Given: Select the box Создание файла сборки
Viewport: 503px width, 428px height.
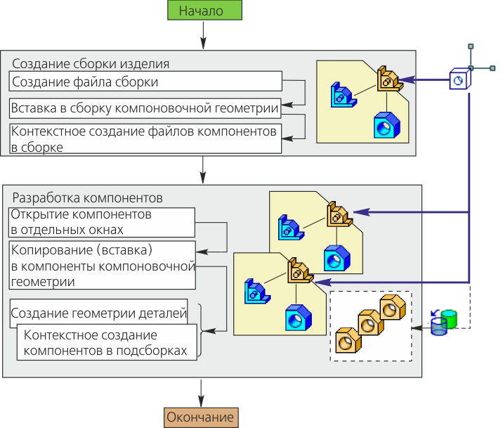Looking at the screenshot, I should (145, 82).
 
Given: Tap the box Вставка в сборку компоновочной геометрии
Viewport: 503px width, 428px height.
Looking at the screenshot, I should (145, 108).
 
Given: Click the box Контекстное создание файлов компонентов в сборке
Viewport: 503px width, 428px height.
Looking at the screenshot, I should (145, 138).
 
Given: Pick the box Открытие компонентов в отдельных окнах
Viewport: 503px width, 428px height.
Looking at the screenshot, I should (101, 222).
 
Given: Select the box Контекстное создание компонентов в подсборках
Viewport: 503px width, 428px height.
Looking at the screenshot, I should (105, 342).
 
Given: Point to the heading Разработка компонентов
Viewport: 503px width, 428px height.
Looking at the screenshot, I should (89, 197).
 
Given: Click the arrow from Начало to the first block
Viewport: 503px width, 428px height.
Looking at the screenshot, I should (202, 34).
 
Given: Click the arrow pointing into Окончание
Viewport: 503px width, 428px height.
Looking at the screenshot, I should (202, 394).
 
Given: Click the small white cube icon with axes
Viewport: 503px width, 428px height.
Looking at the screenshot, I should (459, 80).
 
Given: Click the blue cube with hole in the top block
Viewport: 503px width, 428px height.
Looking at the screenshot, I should (385, 124).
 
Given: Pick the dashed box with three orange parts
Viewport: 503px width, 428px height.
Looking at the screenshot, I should (370, 325).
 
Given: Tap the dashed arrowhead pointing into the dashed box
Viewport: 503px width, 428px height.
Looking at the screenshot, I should (417, 327).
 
